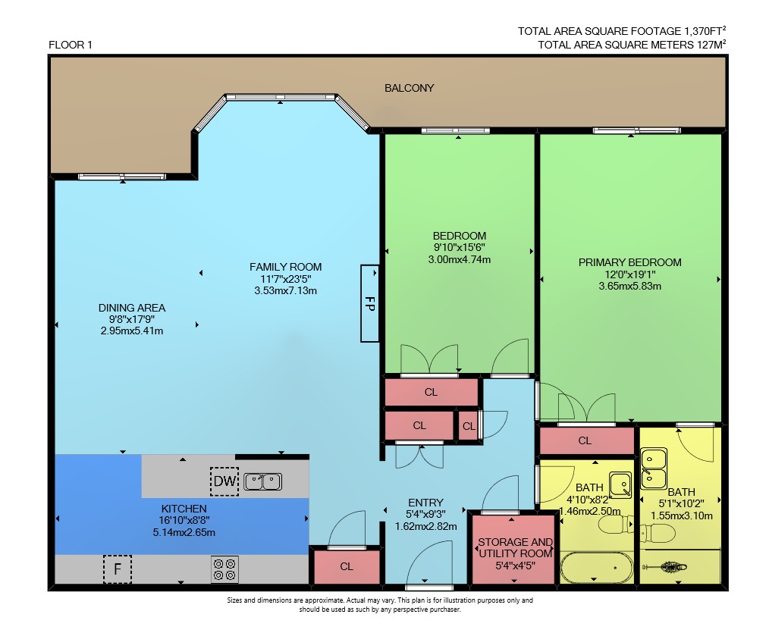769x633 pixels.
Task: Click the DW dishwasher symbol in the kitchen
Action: tap(224, 481)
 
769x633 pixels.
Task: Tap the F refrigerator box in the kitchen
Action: tap(118, 569)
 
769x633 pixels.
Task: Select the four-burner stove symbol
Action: tap(224, 569)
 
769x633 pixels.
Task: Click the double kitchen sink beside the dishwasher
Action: tap(263, 481)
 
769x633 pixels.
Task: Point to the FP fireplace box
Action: tap(370, 303)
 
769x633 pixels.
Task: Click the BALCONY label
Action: tap(409, 88)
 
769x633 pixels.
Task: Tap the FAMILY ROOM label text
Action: tap(285, 267)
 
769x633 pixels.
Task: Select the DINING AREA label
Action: tap(132, 308)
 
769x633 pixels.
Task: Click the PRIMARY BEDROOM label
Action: tap(629, 262)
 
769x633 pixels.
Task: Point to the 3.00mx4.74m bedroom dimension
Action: tap(460, 259)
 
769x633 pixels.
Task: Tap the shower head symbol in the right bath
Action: tap(664, 567)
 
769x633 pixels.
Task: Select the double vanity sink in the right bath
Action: tap(654, 468)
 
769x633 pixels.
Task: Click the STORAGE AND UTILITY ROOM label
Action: tap(516, 547)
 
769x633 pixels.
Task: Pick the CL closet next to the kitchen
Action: tap(347, 566)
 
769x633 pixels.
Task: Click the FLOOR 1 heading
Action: tap(70, 45)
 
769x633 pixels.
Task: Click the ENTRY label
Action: tap(425, 503)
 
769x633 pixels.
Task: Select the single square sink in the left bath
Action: tap(620, 484)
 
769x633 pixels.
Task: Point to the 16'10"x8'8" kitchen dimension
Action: tap(184, 520)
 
